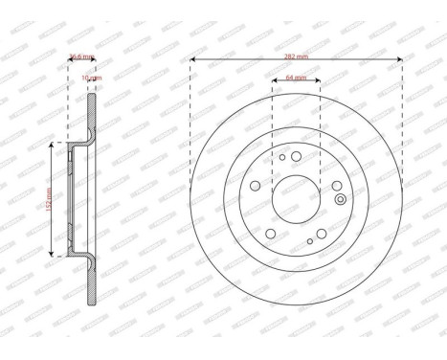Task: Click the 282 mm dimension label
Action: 295,56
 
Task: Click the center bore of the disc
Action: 296,197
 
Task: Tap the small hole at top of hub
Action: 282,156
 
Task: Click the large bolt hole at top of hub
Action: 296,157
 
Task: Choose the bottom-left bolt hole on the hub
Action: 271,233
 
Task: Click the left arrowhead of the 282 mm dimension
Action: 193,60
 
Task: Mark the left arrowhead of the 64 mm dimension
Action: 274,81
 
